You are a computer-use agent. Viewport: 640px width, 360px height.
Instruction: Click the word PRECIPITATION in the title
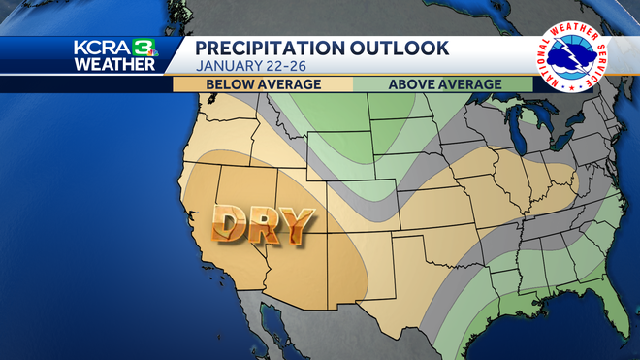pos(263,48)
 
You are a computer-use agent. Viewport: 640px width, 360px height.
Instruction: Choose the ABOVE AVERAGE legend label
pos(444,84)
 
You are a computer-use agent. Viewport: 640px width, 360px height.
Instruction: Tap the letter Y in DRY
pos(299,225)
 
